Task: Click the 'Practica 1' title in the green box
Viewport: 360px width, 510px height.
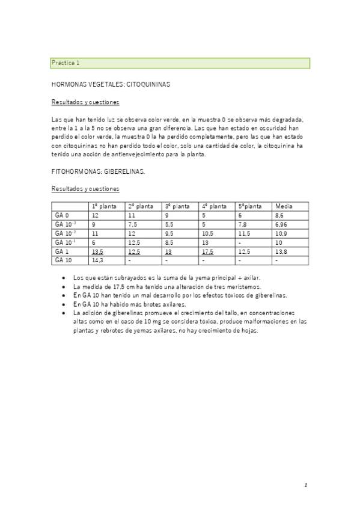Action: coord(66,63)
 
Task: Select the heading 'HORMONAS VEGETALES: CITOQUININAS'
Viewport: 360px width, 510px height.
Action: coord(111,85)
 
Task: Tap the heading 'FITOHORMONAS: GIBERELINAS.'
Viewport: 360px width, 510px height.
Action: coord(98,171)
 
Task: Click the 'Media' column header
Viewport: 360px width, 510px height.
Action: coord(284,206)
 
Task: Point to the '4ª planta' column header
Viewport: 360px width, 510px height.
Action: coord(215,206)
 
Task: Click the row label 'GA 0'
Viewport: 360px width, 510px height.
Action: coord(62,215)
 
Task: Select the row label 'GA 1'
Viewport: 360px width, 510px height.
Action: coord(61,251)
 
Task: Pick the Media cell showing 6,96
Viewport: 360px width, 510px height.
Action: coord(281,224)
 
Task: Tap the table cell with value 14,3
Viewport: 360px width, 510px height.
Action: coord(97,260)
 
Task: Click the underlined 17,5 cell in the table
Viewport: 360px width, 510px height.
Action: coord(209,251)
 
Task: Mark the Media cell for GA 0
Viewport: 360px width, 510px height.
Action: coord(279,215)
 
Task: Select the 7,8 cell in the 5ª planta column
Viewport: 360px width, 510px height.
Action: coord(243,224)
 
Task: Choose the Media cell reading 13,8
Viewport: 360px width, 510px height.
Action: coord(281,251)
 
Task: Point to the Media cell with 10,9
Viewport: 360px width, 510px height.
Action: coord(281,233)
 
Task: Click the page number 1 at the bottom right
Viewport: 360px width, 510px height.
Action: coord(305,485)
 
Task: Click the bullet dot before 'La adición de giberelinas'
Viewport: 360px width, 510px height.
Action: coord(64,313)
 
